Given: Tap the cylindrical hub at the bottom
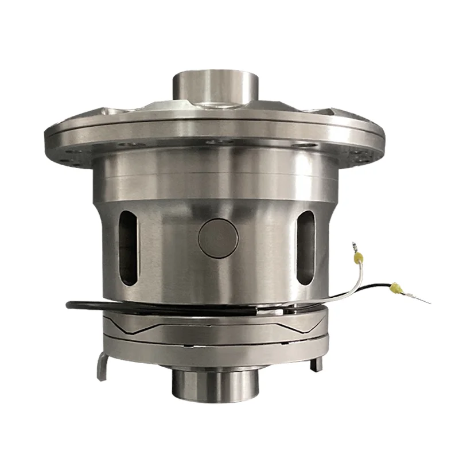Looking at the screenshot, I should point(213,384).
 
